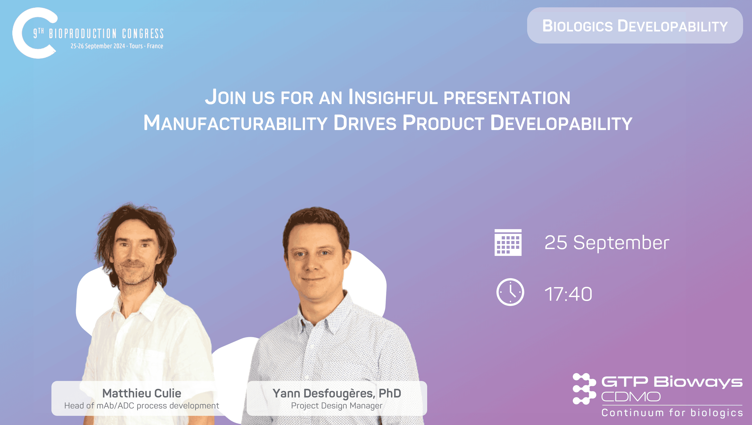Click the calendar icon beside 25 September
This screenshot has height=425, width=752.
tap(508, 243)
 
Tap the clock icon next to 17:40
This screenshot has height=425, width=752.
tap(510, 292)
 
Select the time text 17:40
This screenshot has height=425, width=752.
tap(568, 294)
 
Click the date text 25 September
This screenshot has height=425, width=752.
tap(607, 243)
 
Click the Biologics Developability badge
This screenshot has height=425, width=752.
tap(635, 26)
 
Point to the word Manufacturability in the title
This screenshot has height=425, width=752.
tap(235, 123)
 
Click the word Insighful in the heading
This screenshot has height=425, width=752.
tap(393, 97)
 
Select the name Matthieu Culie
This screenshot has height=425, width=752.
tap(142, 393)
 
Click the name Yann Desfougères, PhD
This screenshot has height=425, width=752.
tap(336, 393)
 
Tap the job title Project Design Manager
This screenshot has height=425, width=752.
tap(336, 406)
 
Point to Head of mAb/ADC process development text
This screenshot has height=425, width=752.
tap(142, 406)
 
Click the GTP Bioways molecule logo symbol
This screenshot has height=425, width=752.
tap(584, 389)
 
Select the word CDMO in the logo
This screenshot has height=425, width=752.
tap(631, 397)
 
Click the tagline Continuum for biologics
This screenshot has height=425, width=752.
tap(672, 413)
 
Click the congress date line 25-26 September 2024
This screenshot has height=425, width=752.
tap(116, 46)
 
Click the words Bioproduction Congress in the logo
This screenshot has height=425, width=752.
tap(106, 34)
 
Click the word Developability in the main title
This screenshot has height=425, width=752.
tap(561, 123)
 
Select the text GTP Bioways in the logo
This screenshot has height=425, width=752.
tap(671, 382)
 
